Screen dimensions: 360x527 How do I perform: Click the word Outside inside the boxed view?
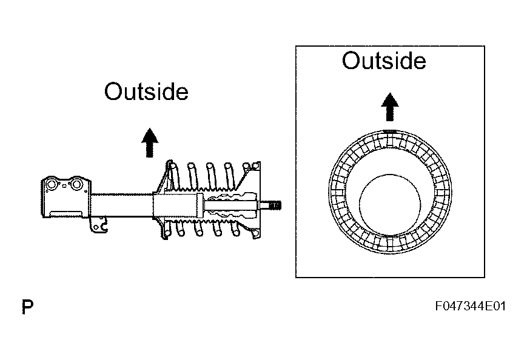383,61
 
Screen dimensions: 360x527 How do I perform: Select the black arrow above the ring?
390,107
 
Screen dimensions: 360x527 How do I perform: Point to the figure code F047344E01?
470,307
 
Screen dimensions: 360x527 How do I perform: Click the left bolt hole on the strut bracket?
52,184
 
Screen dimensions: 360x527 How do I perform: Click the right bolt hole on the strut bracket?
77,184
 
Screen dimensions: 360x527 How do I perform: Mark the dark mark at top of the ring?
390,132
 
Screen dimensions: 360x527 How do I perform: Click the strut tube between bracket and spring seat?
121,204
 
